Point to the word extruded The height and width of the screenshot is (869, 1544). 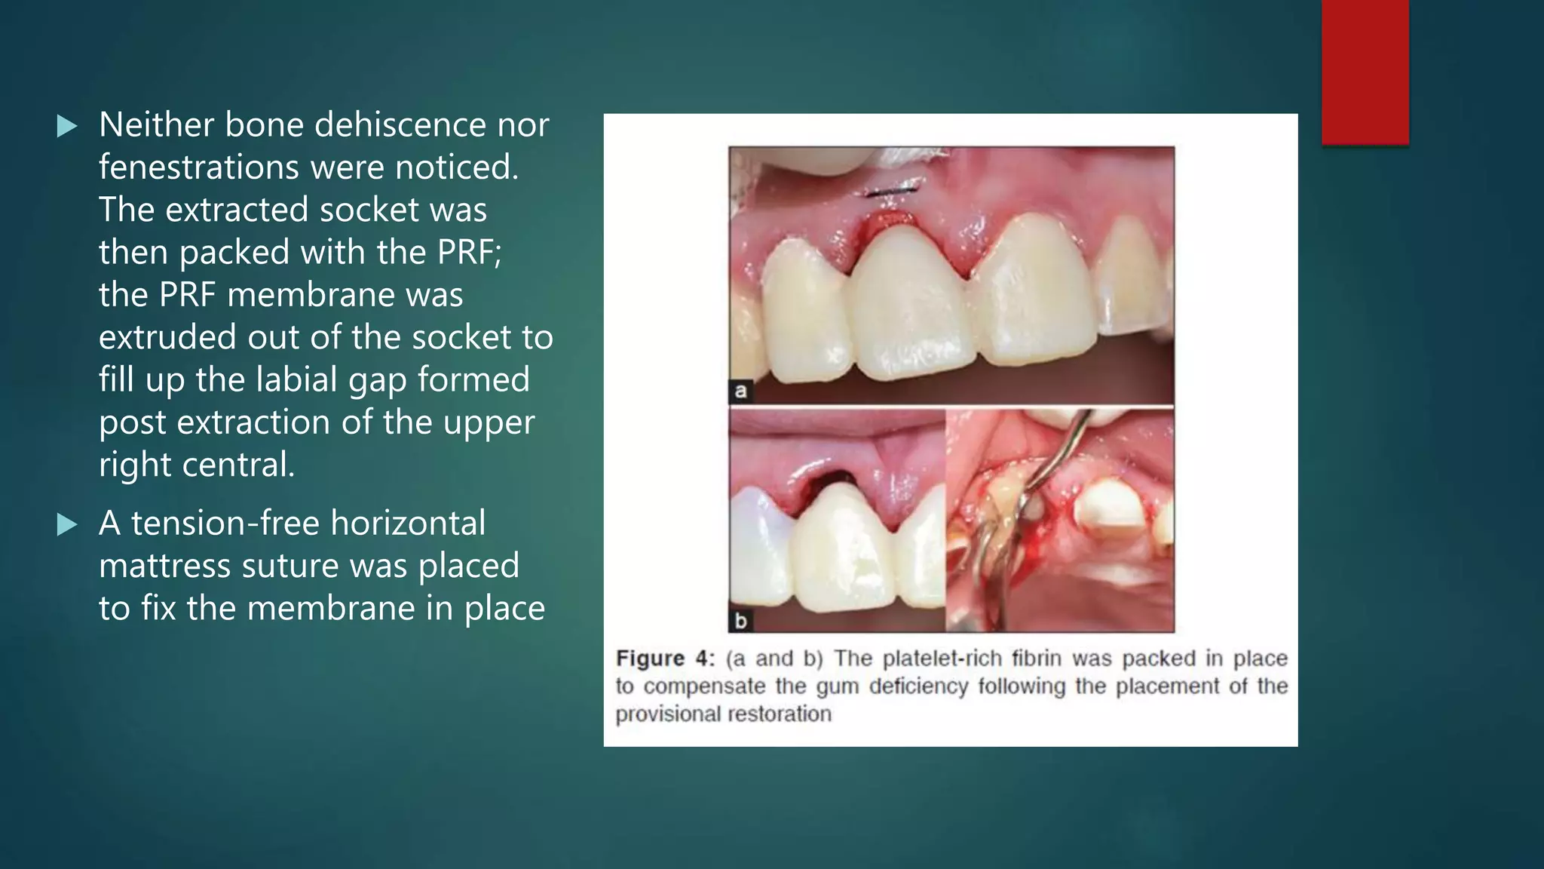click(x=167, y=337)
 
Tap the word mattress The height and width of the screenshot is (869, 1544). click(x=164, y=566)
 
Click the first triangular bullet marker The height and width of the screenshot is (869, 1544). click(x=67, y=126)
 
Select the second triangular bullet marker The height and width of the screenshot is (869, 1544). click(x=67, y=524)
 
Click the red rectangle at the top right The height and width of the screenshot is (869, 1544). click(x=1365, y=72)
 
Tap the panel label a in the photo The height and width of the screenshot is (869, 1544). click(x=740, y=391)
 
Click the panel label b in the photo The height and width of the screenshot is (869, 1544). click(x=740, y=621)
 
